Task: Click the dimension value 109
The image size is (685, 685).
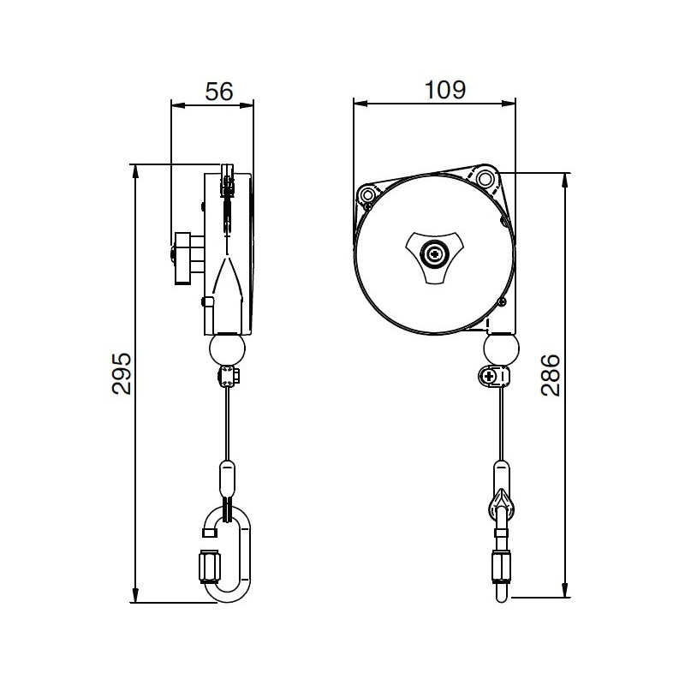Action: [x=445, y=89]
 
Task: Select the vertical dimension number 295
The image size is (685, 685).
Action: [x=122, y=373]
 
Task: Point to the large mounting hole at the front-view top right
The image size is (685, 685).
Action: [x=486, y=178]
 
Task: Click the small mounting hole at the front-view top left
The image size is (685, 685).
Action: [x=368, y=196]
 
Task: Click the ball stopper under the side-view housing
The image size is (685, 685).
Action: [x=227, y=348]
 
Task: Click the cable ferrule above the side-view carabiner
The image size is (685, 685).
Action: [x=227, y=479]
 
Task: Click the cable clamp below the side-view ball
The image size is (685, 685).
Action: [x=229, y=376]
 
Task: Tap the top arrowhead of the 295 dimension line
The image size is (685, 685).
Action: [x=136, y=170]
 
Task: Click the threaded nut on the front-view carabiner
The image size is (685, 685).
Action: [x=501, y=565]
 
